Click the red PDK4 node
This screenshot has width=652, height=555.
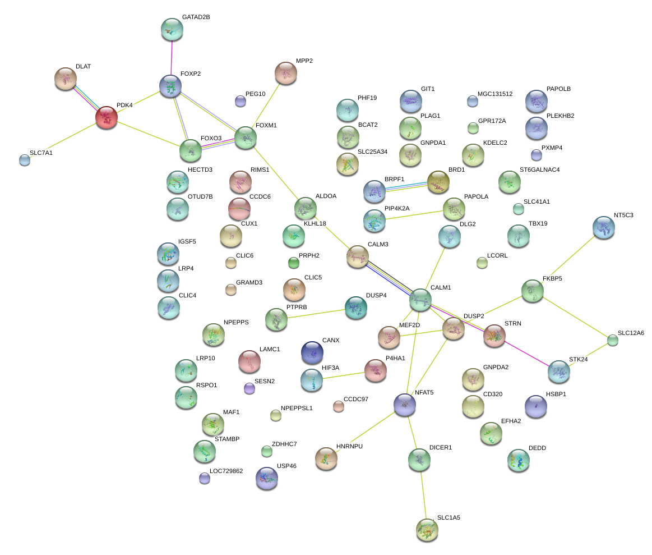click(x=107, y=117)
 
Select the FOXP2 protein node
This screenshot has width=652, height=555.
click(x=170, y=86)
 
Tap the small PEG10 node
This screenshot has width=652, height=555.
click(x=241, y=101)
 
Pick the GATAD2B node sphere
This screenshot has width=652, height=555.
click(x=172, y=30)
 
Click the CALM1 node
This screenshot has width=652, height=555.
click(x=420, y=300)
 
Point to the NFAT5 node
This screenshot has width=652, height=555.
click(x=405, y=404)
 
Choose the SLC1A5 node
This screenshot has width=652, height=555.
click(x=427, y=530)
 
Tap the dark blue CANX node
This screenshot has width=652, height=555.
click(x=312, y=352)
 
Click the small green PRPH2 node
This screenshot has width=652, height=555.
click(x=294, y=263)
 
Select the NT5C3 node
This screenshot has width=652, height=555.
click(x=604, y=227)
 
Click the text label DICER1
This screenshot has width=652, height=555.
click(x=440, y=448)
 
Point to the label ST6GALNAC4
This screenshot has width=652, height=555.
click(x=539, y=170)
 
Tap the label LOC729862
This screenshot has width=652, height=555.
click(x=226, y=471)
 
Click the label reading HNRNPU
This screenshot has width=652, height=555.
click(x=349, y=446)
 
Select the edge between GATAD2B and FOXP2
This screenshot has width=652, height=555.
click(x=172, y=58)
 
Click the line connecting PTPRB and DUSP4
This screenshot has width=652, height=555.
click(x=316, y=314)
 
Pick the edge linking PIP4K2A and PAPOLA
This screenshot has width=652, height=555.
click(x=414, y=215)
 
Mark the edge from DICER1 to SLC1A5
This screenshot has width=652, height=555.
click(x=423, y=495)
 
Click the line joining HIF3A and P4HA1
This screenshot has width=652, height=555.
click(x=344, y=375)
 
